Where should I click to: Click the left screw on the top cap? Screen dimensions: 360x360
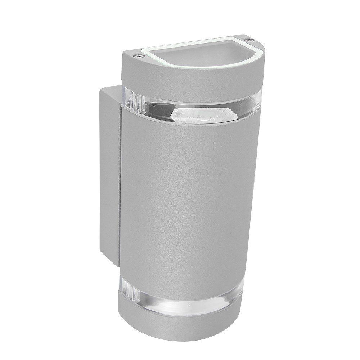click(138, 56)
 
